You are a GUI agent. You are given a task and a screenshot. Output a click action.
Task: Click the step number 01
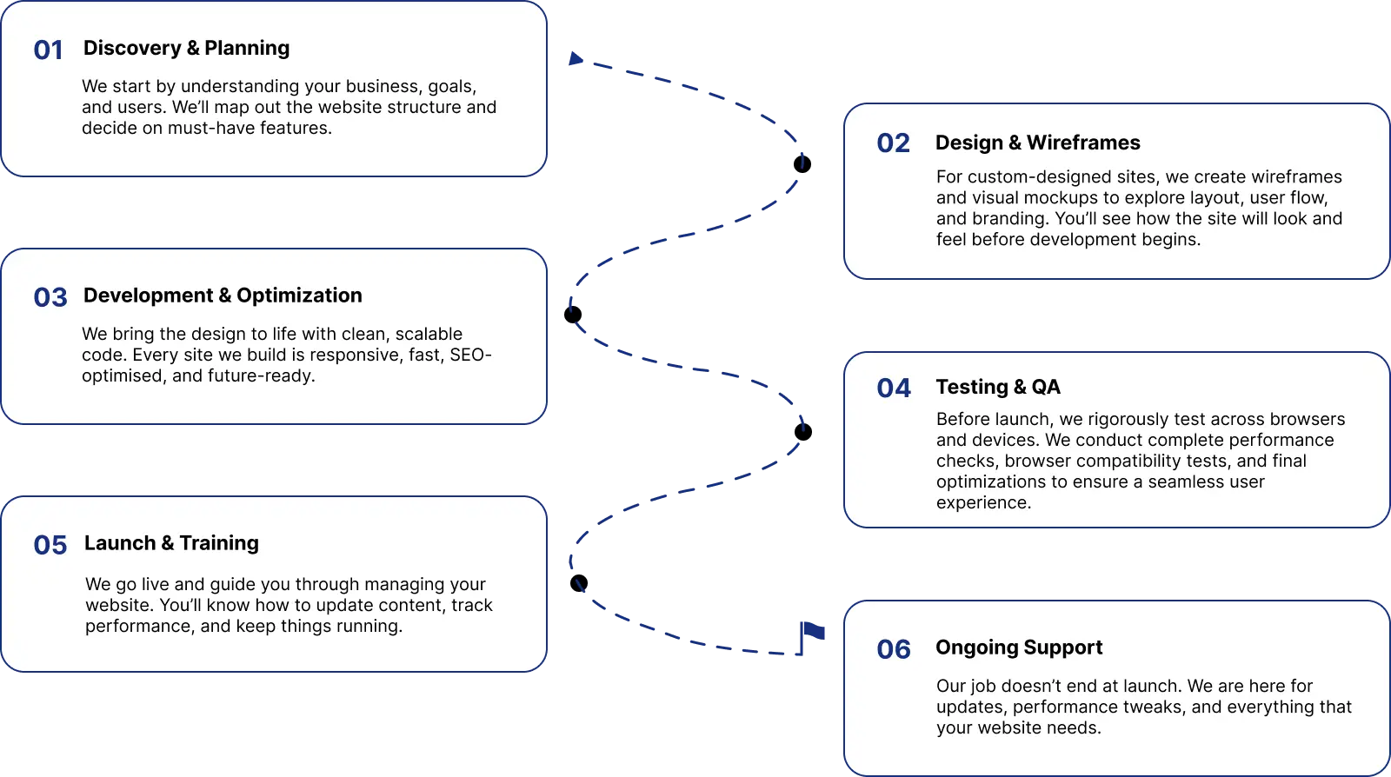pyautogui.click(x=48, y=50)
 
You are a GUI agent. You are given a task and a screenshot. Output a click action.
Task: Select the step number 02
pyautogui.click(x=893, y=143)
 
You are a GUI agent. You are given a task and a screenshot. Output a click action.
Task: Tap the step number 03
pyautogui.click(x=50, y=297)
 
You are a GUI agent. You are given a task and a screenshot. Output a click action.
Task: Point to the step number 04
pyautogui.click(x=894, y=388)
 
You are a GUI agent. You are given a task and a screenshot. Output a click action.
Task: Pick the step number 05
pyautogui.click(x=50, y=545)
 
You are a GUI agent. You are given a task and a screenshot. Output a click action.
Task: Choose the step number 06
pyautogui.click(x=894, y=649)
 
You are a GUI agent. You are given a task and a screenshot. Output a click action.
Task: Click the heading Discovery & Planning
pyautogui.click(x=186, y=48)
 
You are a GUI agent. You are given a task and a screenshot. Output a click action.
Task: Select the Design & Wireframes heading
pyautogui.click(x=1038, y=143)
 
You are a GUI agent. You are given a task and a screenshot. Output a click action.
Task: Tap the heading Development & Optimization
pyautogui.click(x=223, y=296)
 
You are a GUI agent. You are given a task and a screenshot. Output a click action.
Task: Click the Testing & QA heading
pyautogui.click(x=998, y=387)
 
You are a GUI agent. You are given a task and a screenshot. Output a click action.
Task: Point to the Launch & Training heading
pyautogui.click(x=171, y=543)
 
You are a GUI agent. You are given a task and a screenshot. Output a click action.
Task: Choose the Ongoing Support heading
pyautogui.click(x=1019, y=647)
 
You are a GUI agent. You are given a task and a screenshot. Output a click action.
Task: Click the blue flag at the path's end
pyautogui.click(x=812, y=638)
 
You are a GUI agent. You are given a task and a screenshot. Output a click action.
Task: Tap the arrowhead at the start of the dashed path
pyautogui.click(x=576, y=58)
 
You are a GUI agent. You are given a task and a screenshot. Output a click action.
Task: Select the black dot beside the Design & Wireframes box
pyautogui.click(x=802, y=164)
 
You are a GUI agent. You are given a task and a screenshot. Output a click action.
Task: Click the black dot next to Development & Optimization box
pyautogui.click(x=573, y=315)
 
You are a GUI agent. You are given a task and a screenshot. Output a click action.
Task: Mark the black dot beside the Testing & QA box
pyautogui.click(x=803, y=432)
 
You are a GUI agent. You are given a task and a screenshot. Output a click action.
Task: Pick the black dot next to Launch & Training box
pyautogui.click(x=579, y=583)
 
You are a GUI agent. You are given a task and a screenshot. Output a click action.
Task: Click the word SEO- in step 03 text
pyautogui.click(x=470, y=355)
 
